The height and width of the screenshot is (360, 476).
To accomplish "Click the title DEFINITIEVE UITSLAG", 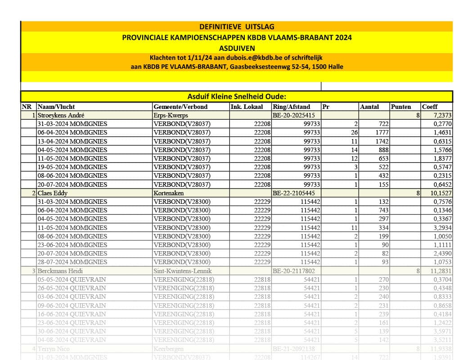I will [x=237, y=27].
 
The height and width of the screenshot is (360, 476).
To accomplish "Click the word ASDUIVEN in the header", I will [x=237, y=48].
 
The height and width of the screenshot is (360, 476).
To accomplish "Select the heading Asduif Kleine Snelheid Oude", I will [x=237, y=97].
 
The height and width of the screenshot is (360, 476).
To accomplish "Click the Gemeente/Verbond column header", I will [x=180, y=107].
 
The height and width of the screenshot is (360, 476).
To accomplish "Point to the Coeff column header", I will [x=429, y=107].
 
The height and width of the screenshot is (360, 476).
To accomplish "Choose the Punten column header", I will [x=401, y=107].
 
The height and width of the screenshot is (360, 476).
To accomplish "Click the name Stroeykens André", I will [x=62, y=115].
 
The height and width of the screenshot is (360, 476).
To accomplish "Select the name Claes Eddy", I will [x=53, y=193].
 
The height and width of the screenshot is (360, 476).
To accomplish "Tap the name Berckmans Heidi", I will [x=60, y=271].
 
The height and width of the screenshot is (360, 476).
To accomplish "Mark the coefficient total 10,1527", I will [x=441, y=193].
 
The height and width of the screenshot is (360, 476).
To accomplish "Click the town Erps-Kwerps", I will [x=171, y=115].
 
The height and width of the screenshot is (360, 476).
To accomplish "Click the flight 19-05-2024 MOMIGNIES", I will [x=72, y=167].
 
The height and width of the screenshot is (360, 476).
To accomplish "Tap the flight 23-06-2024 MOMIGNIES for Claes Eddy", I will [x=72, y=245].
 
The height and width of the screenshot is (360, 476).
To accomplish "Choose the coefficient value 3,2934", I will [x=442, y=228].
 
